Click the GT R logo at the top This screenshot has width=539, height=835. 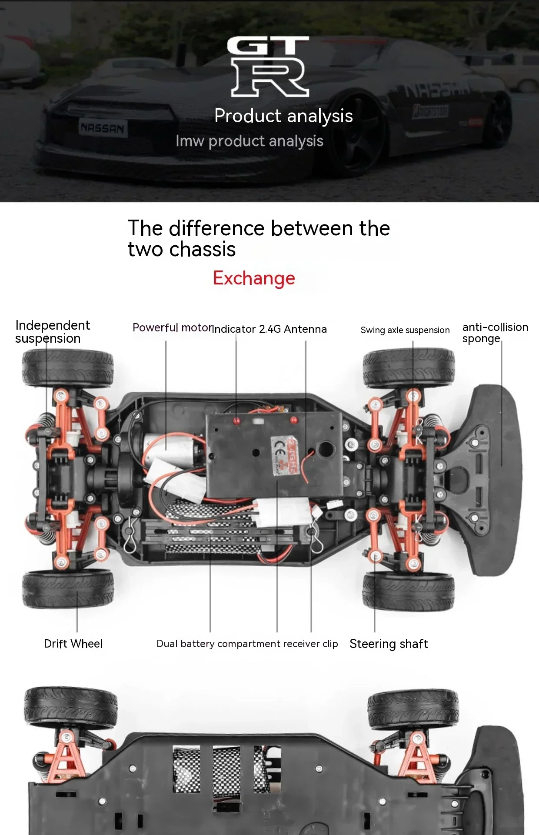tap(269, 66)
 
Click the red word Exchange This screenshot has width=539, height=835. tap(254, 278)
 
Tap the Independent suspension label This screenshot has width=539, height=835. tap(52, 332)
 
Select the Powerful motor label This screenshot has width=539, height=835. tap(172, 327)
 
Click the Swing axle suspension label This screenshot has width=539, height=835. tap(405, 330)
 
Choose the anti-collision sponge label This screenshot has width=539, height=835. tap(495, 333)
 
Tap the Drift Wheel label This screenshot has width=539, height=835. tap(73, 644)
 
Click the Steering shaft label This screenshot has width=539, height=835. tap(389, 644)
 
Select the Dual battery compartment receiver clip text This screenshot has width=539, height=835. tap(247, 644)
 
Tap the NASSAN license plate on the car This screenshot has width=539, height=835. tap(103, 128)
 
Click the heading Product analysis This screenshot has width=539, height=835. tap(283, 116)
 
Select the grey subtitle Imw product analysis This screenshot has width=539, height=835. tap(250, 141)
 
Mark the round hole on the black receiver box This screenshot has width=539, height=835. tap(326, 448)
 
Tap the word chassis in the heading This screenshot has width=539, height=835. tap(202, 250)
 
